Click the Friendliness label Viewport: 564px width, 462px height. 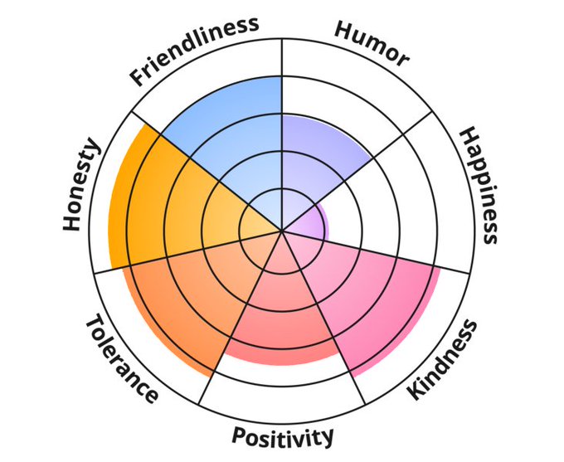(x=194, y=51)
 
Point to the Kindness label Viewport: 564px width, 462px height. (x=443, y=357)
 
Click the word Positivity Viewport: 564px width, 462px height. (x=282, y=435)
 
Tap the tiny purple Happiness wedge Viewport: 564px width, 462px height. (x=311, y=221)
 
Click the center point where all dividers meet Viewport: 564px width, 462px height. (x=283, y=231)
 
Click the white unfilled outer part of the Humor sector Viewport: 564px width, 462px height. (x=348, y=91)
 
